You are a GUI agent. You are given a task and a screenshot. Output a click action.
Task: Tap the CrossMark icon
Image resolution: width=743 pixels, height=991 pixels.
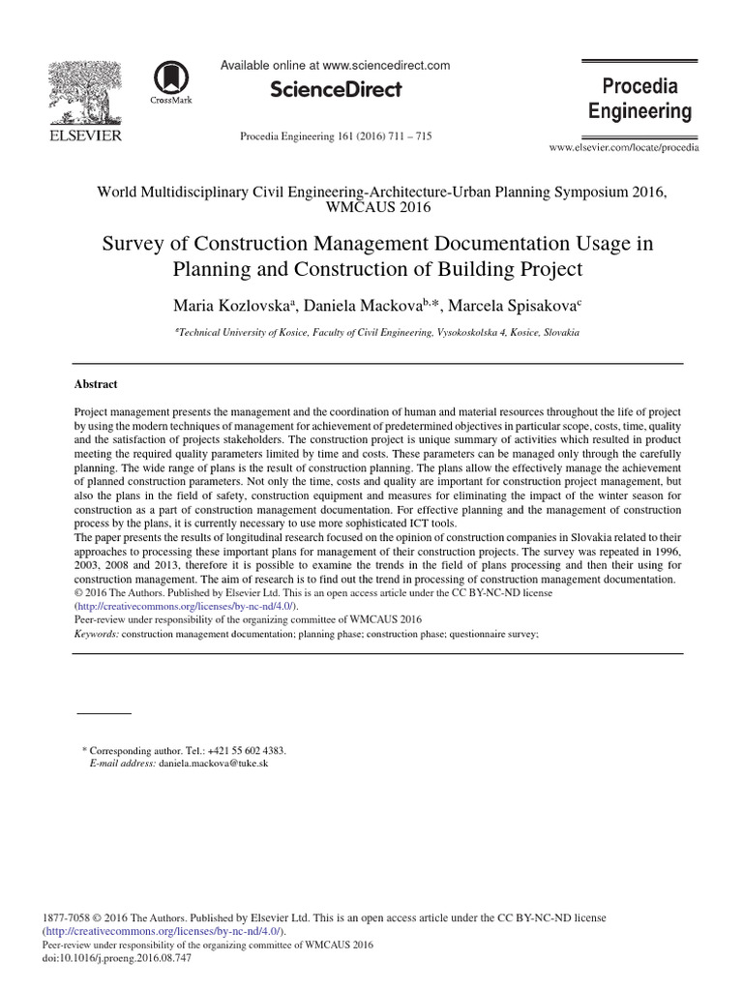tap(171, 81)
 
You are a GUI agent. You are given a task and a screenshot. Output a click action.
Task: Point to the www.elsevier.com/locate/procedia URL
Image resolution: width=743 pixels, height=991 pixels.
tap(623, 148)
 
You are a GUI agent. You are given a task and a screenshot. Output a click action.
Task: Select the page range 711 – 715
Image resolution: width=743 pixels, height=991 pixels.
tap(408, 136)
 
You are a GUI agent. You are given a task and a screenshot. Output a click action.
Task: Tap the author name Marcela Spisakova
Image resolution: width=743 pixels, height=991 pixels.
tap(519, 306)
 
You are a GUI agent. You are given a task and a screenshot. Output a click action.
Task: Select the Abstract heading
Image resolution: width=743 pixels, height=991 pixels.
tap(97, 383)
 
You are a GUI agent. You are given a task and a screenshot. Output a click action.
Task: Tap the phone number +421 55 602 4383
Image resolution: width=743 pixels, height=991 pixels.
tap(240, 750)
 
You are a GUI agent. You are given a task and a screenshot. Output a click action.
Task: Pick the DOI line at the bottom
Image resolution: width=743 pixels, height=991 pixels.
tap(117, 958)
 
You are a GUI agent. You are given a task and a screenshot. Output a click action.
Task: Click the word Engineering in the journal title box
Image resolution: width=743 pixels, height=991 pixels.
tap(640, 111)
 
